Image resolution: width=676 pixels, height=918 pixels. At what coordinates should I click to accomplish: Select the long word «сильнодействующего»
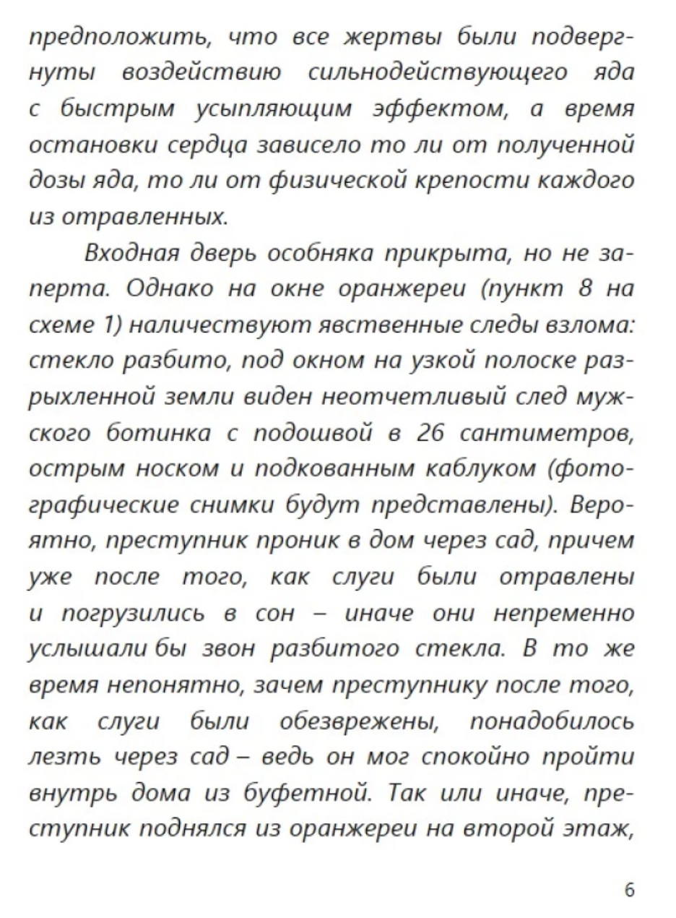tap(436, 74)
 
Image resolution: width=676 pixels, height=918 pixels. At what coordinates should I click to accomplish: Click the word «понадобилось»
tap(552, 720)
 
